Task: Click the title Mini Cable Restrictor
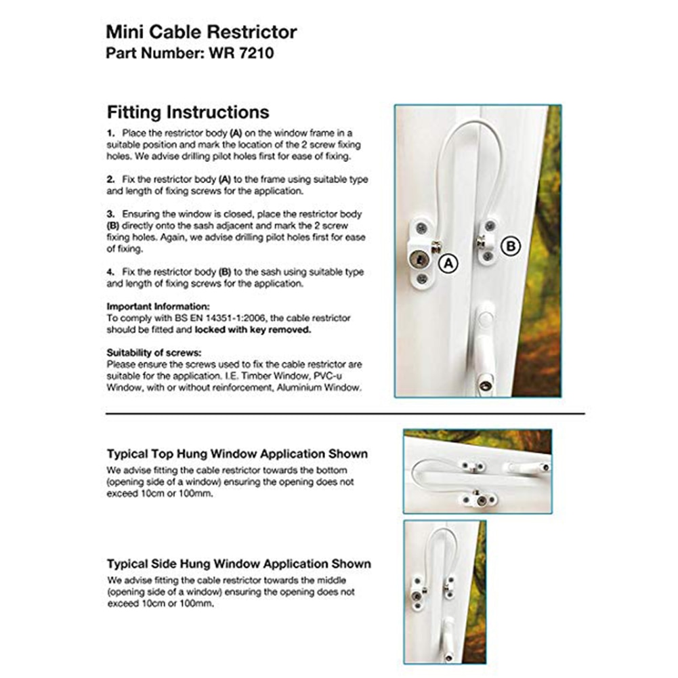click(201, 32)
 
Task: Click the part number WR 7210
click(237, 53)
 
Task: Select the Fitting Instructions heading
click(188, 112)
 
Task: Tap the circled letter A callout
click(446, 264)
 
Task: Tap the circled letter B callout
click(510, 246)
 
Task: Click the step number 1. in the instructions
click(111, 133)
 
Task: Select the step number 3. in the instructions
click(111, 213)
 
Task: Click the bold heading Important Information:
click(158, 306)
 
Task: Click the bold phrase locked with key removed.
click(253, 330)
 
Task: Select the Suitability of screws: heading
click(154, 353)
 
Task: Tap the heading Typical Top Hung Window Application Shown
click(237, 454)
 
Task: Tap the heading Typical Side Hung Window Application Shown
click(238, 564)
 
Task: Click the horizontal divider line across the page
click(345, 412)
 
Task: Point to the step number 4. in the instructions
click(111, 272)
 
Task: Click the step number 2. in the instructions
click(111, 179)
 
